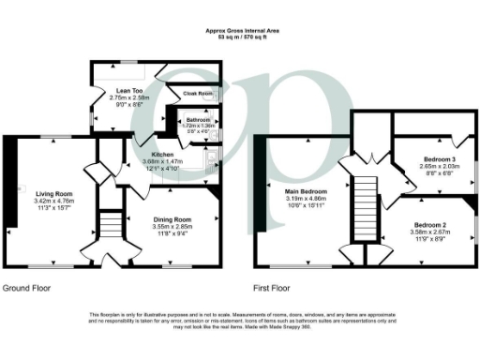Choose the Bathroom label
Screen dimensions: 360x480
[x=198, y=120]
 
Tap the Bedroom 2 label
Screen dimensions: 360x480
[x=432, y=224]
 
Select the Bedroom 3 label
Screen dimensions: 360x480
[x=416, y=160]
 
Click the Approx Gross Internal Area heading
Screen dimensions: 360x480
[x=239, y=31]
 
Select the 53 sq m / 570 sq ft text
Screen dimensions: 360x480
[x=239, y=37]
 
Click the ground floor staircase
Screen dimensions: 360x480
[x=112, y=226]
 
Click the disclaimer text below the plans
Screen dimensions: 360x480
[x=239, y=320]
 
